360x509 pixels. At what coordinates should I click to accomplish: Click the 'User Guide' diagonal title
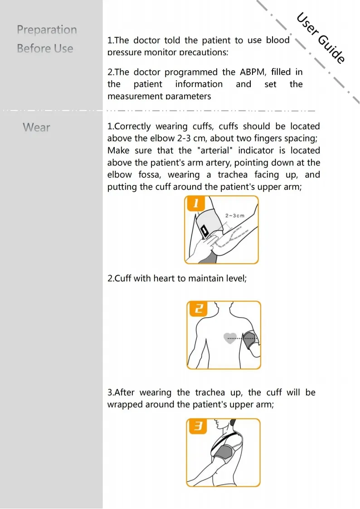point(321,38)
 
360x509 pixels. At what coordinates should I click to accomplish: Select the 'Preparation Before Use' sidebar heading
point(46,39)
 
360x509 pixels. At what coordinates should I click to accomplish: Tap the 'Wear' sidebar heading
point(36,127)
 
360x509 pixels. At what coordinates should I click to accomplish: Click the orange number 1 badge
point(196,204)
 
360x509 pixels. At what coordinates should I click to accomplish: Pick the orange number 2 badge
point(198,310)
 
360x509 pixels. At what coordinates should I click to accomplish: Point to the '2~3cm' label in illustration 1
point(234,215)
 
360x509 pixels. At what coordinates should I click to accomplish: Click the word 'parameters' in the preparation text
point(188,96)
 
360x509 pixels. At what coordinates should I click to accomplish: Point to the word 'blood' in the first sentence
point(277,40)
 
